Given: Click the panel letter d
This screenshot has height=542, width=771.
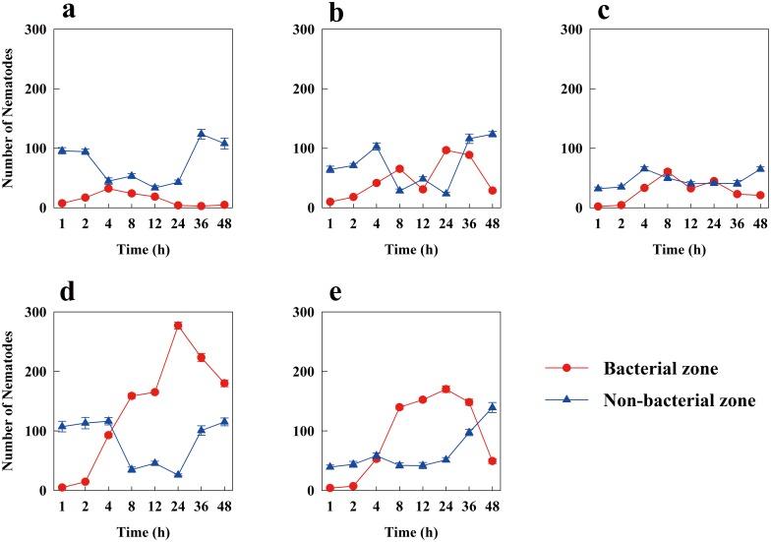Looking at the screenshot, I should (x=66, y=292).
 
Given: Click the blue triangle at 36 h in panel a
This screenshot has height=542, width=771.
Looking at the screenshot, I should (x=201, y=134).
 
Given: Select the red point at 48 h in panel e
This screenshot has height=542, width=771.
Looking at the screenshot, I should (x=492, y=461).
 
